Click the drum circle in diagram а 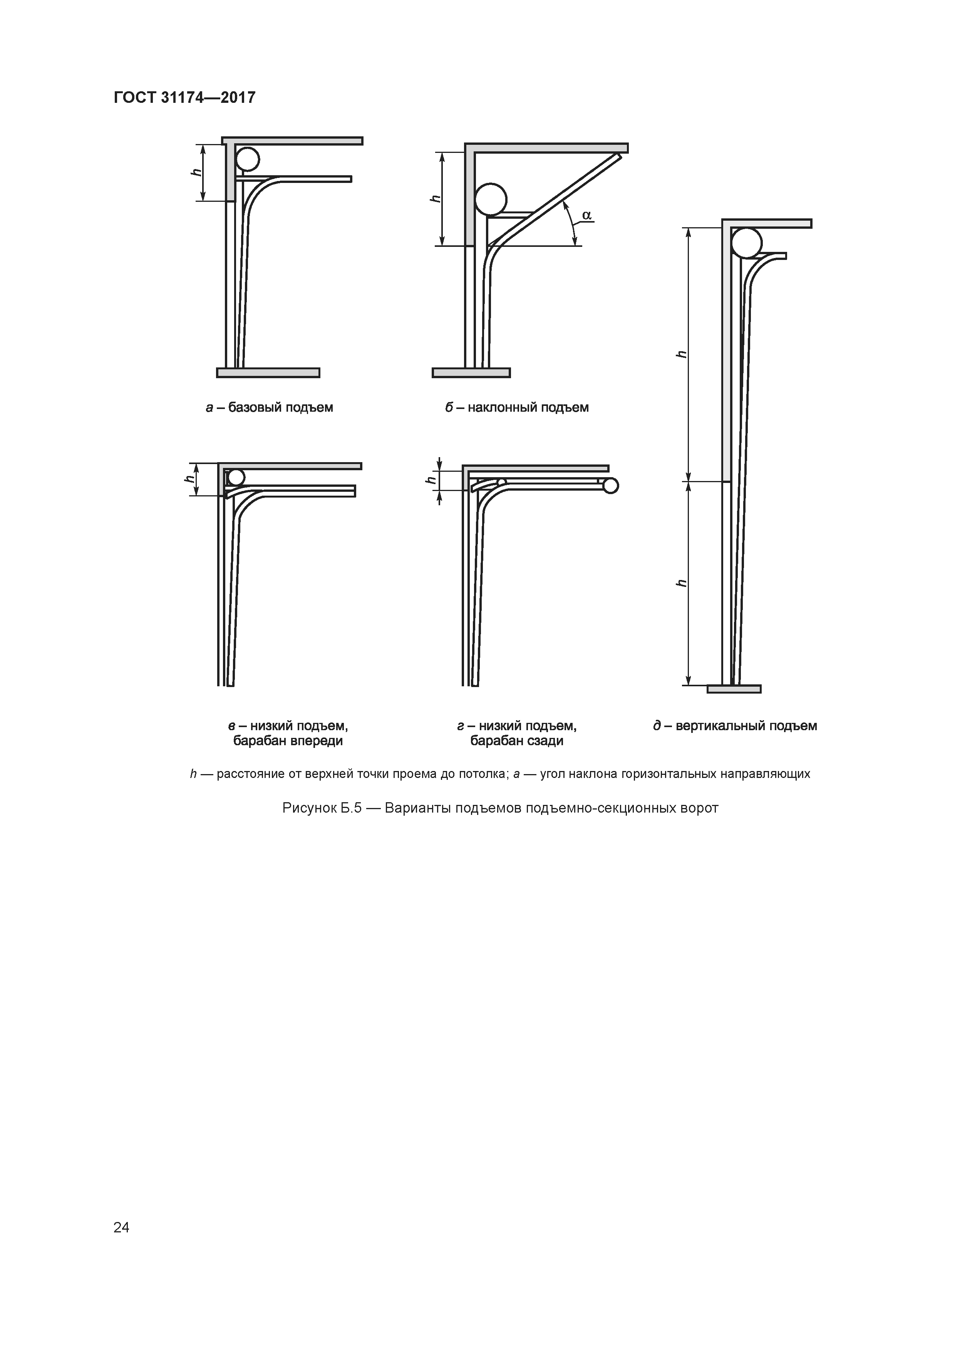coord(247,159)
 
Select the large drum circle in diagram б coord(490,199)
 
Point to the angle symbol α coord(586,215)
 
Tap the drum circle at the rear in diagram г coord(610,485)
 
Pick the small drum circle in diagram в coord(236,477)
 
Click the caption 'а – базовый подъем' coord(270,407)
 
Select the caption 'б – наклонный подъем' coord(517,407)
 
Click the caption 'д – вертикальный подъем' coord(735,726)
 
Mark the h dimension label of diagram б coord(436,198)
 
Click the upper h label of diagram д coord(681,354)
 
